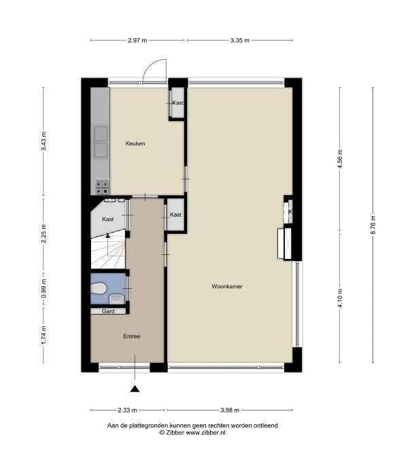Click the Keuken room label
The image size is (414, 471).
pos(135,143)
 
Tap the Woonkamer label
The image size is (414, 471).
pos(227,287)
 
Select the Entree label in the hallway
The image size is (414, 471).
pos(132,336)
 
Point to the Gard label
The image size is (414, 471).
pos(107,311)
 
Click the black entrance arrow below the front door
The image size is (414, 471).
pos(135,389)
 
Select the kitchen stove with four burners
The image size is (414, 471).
pos(102,184)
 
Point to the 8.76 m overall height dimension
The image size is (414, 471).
pos(373,226)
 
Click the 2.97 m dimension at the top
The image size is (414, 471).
pos(138,41)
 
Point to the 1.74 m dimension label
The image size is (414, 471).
pos(44,336)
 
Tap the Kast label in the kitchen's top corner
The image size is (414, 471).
pos(177,103)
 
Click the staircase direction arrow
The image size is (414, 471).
pos(107,236)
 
